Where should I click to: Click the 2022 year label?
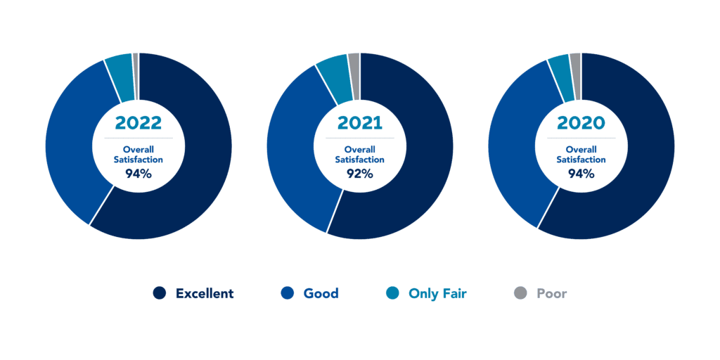139,123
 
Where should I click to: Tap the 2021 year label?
360,123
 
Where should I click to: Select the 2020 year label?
581,123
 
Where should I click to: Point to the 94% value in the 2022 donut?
139,174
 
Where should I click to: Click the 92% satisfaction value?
360,174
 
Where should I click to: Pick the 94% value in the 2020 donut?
581,174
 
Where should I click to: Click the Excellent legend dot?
160,293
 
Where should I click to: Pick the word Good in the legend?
321,293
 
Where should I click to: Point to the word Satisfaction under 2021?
360,160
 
